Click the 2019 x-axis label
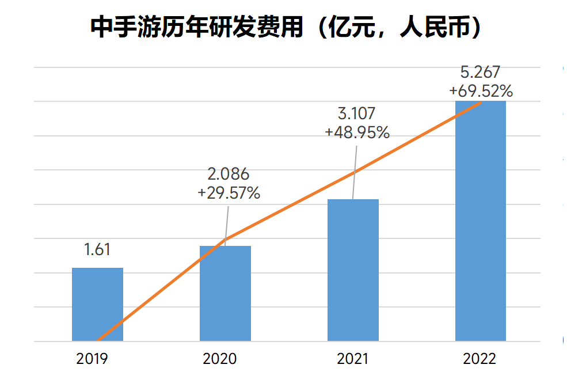click(92, 359)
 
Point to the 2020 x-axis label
click(220, 359)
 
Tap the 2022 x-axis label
click(480, 359)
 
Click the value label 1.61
click(97, 250)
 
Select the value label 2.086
click(228, 174)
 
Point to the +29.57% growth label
click(229, 193)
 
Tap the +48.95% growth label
click(357, 132)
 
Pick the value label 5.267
click(481, 72)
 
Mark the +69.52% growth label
click(481, 90)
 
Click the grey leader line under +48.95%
click(354, 173)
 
